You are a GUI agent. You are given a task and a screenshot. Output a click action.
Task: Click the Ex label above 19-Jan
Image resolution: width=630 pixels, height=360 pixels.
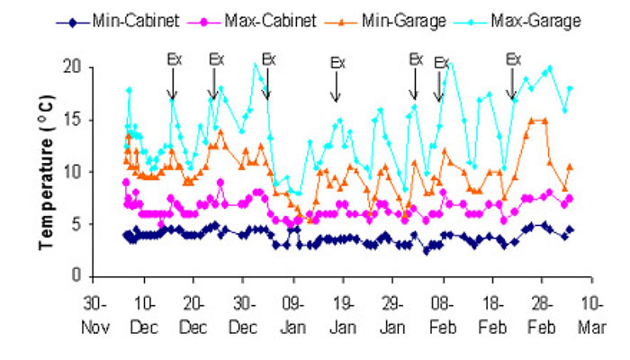337,63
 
